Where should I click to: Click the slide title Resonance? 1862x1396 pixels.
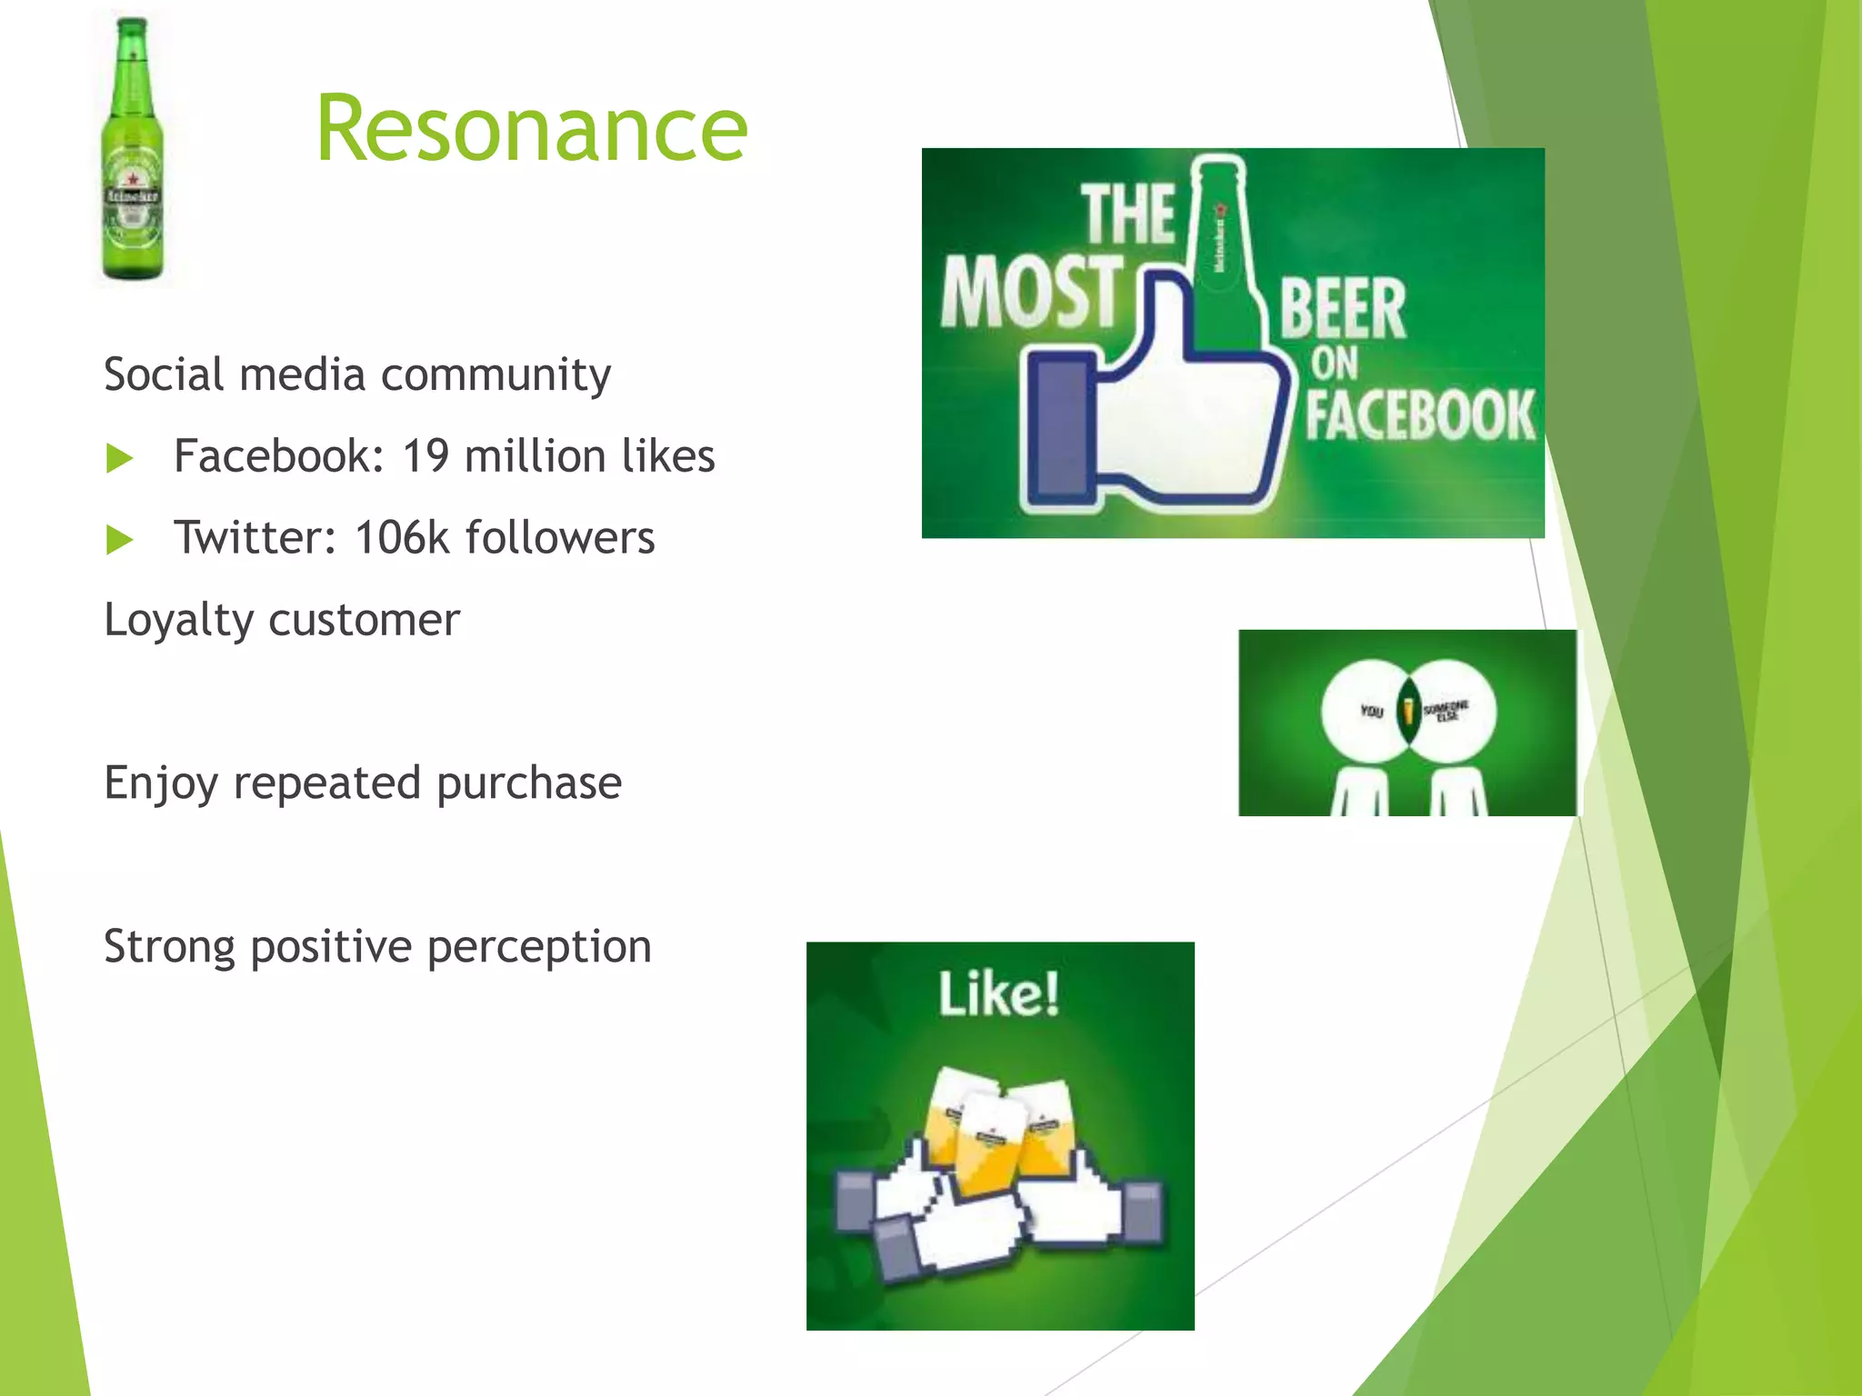pos(532,130)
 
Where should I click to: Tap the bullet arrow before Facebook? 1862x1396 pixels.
pos(119,458)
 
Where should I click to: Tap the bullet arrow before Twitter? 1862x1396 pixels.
pos(119,540)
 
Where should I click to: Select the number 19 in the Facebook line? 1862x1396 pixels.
pos(426,456)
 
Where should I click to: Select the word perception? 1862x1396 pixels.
pos(539,947)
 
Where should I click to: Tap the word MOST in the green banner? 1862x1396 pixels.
pos(1032,292)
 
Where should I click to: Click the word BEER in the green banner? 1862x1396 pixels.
pos(1343,310)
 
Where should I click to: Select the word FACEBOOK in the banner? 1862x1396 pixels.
pos(1420,416)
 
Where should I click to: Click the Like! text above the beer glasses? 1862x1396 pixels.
pos(999,993)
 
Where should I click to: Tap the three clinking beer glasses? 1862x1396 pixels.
pos(997,1127)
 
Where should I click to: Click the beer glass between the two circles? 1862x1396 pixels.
pos(1408,712)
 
